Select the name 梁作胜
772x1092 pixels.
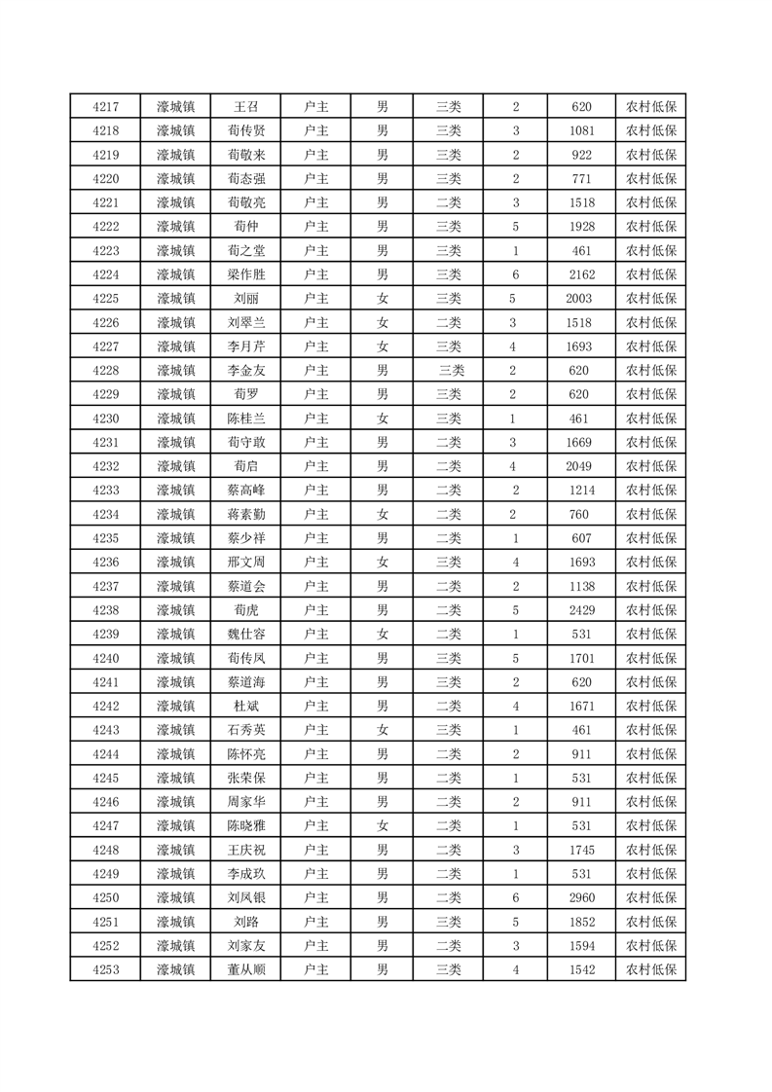[x=245, y=274]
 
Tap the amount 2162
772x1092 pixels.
[x=581, y=274]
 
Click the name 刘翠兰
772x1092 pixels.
[x=245, y=323]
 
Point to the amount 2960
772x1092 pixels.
[x=581, y=897]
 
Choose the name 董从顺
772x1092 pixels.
[x=245, y=969]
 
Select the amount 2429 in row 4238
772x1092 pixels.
[x=581, y=610]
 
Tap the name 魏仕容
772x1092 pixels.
[x=245, y=635]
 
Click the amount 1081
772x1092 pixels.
[x=581, y=130]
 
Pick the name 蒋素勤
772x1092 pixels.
[x=245, y=515]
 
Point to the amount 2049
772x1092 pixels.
[x=581, y=466]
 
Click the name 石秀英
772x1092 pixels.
[x=245, y=730]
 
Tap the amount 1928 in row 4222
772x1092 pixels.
[x=581, y=227]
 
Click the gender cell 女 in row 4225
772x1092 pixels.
[x=383, y=299]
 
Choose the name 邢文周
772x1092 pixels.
[x=245, y=563]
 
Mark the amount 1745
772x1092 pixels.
[x=581, y=850]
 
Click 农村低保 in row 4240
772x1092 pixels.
[x=650, y=658]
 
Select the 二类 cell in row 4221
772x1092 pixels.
[x=449, y=202]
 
